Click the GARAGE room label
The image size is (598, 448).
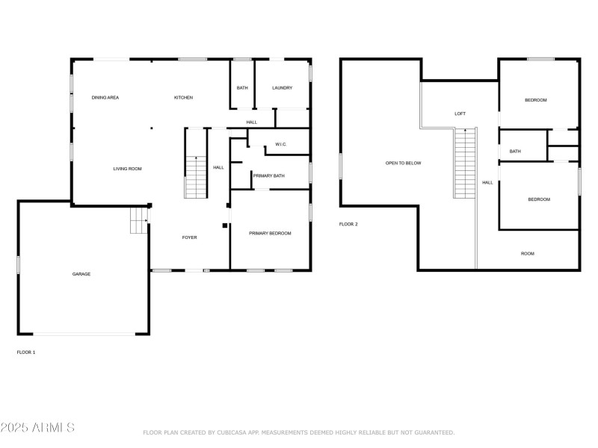click(x=81, y=274)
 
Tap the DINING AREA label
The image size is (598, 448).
click(x=105, y=98)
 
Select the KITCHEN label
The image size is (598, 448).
click(x=184, y=98)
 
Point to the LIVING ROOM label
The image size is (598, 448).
click(x=127, y=169)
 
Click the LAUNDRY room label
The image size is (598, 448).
click(x=282, y=88)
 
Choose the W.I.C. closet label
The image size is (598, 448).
click(x=282, y=144)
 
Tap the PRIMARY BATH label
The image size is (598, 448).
click(x=268, y=175)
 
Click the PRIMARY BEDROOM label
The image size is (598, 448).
click(x=270, y=233)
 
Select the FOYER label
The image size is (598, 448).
click(x=190, y=237)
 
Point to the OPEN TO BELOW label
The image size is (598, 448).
click(x=403, y=163)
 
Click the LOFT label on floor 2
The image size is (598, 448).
click(x=460, y=113)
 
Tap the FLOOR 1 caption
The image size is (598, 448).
click(x=26, y=352)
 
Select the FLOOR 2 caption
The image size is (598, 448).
click(x=348, y=224)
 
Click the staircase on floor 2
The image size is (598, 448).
click(x=465, y=164)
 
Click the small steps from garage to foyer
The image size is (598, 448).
click(x=139, y=220)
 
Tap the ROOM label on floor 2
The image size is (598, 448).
click(x=528, y=254)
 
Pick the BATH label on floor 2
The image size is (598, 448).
click(x=515, y=152)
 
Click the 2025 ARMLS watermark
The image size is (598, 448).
click(x=37, y=428)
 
